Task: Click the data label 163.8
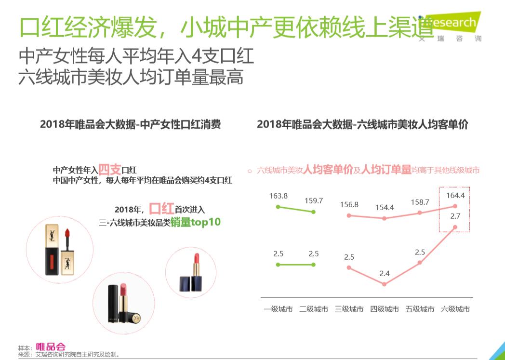[x=279, y=196]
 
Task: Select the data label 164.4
[x=455, y=196]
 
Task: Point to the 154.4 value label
[x=384, y=208]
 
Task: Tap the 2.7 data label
[x=455, y=216]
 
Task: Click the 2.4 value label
[x=384, y=274]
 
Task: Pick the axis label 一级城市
[x=278, y=309]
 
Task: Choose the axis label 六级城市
[x=455, y=309]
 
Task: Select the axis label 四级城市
[x=384, y=309]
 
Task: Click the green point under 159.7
[x=314, y=212]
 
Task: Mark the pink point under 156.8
[x=349, y=215]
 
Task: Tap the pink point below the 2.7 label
[x=455, y=227]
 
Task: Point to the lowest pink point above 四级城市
[x=384, y=284]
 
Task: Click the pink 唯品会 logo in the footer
[x=51, y=347]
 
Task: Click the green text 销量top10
[x=195, y=223]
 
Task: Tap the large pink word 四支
[x=110, y=169]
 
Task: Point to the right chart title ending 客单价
[x=362, y=124]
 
